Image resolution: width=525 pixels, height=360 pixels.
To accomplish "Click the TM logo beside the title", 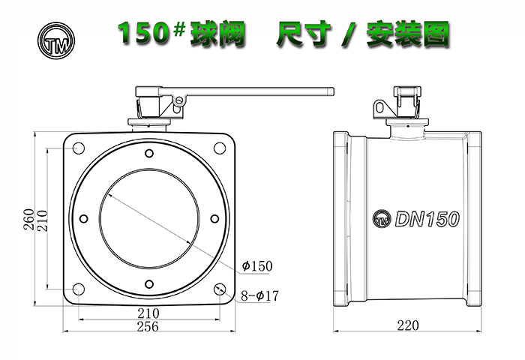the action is coord(56,40).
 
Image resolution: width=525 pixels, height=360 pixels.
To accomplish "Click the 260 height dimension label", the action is coord(28,219).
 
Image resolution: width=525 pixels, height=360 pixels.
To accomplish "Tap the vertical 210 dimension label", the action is coord(42,220).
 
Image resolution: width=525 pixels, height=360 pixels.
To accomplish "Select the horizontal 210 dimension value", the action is coord(148,313).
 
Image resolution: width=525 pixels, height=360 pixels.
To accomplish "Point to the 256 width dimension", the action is coord(148,326).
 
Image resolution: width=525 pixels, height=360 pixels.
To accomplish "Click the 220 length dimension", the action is coord(408,325).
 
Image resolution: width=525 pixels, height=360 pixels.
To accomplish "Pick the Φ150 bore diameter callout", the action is coord(257,266).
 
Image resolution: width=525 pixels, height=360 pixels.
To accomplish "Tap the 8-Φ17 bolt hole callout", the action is coord(259,295).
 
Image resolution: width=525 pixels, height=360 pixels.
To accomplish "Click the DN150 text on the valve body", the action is coord(427,219).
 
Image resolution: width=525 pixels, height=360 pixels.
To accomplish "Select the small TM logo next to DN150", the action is coord(382,219).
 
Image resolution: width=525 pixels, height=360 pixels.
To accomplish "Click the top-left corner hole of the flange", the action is coord(79,148).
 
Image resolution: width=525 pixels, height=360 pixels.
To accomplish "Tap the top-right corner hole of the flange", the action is coord(220,148).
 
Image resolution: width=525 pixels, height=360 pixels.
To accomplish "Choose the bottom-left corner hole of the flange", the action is coord(79,289).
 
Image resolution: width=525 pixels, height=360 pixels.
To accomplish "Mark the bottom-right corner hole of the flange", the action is coord(220,289).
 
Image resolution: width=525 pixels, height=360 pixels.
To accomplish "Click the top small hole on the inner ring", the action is coord(149,154).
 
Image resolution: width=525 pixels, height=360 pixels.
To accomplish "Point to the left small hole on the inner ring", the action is coord(84,219).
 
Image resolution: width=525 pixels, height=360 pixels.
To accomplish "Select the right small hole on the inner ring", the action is coord(215,219).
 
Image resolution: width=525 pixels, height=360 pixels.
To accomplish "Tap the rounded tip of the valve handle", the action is coord(333,91).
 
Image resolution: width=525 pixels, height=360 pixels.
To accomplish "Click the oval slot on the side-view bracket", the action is coord(379,107).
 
